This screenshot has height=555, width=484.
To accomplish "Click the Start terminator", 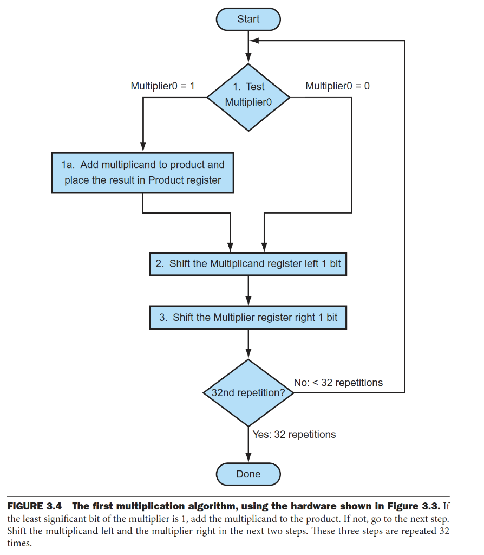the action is coord(248,19).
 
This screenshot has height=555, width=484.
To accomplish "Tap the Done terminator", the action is coord(248,474).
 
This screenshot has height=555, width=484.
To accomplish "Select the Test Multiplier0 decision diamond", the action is coord(248,98).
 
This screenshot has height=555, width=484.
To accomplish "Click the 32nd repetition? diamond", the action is coord(248,392).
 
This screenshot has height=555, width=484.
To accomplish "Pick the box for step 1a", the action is coord(143,173).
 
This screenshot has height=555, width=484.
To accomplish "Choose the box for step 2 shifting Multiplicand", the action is coord(248,264).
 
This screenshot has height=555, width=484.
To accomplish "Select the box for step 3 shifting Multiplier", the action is coord(248,317).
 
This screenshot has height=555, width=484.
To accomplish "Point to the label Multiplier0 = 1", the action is coord(162,86).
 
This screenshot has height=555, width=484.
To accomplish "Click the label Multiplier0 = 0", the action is coord(337,86).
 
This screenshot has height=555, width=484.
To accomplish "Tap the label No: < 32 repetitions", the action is coord(338,383).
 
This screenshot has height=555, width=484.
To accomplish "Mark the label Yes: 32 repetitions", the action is coord(294,434).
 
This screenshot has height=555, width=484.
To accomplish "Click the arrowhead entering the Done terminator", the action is coord(248,457).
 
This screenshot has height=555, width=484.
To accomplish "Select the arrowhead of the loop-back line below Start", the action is coord(254,41).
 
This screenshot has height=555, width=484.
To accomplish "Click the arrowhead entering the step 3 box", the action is coord(248,301).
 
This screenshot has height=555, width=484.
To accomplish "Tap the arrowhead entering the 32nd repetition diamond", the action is coord(248,354).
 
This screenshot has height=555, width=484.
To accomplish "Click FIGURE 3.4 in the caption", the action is coord(34,506).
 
